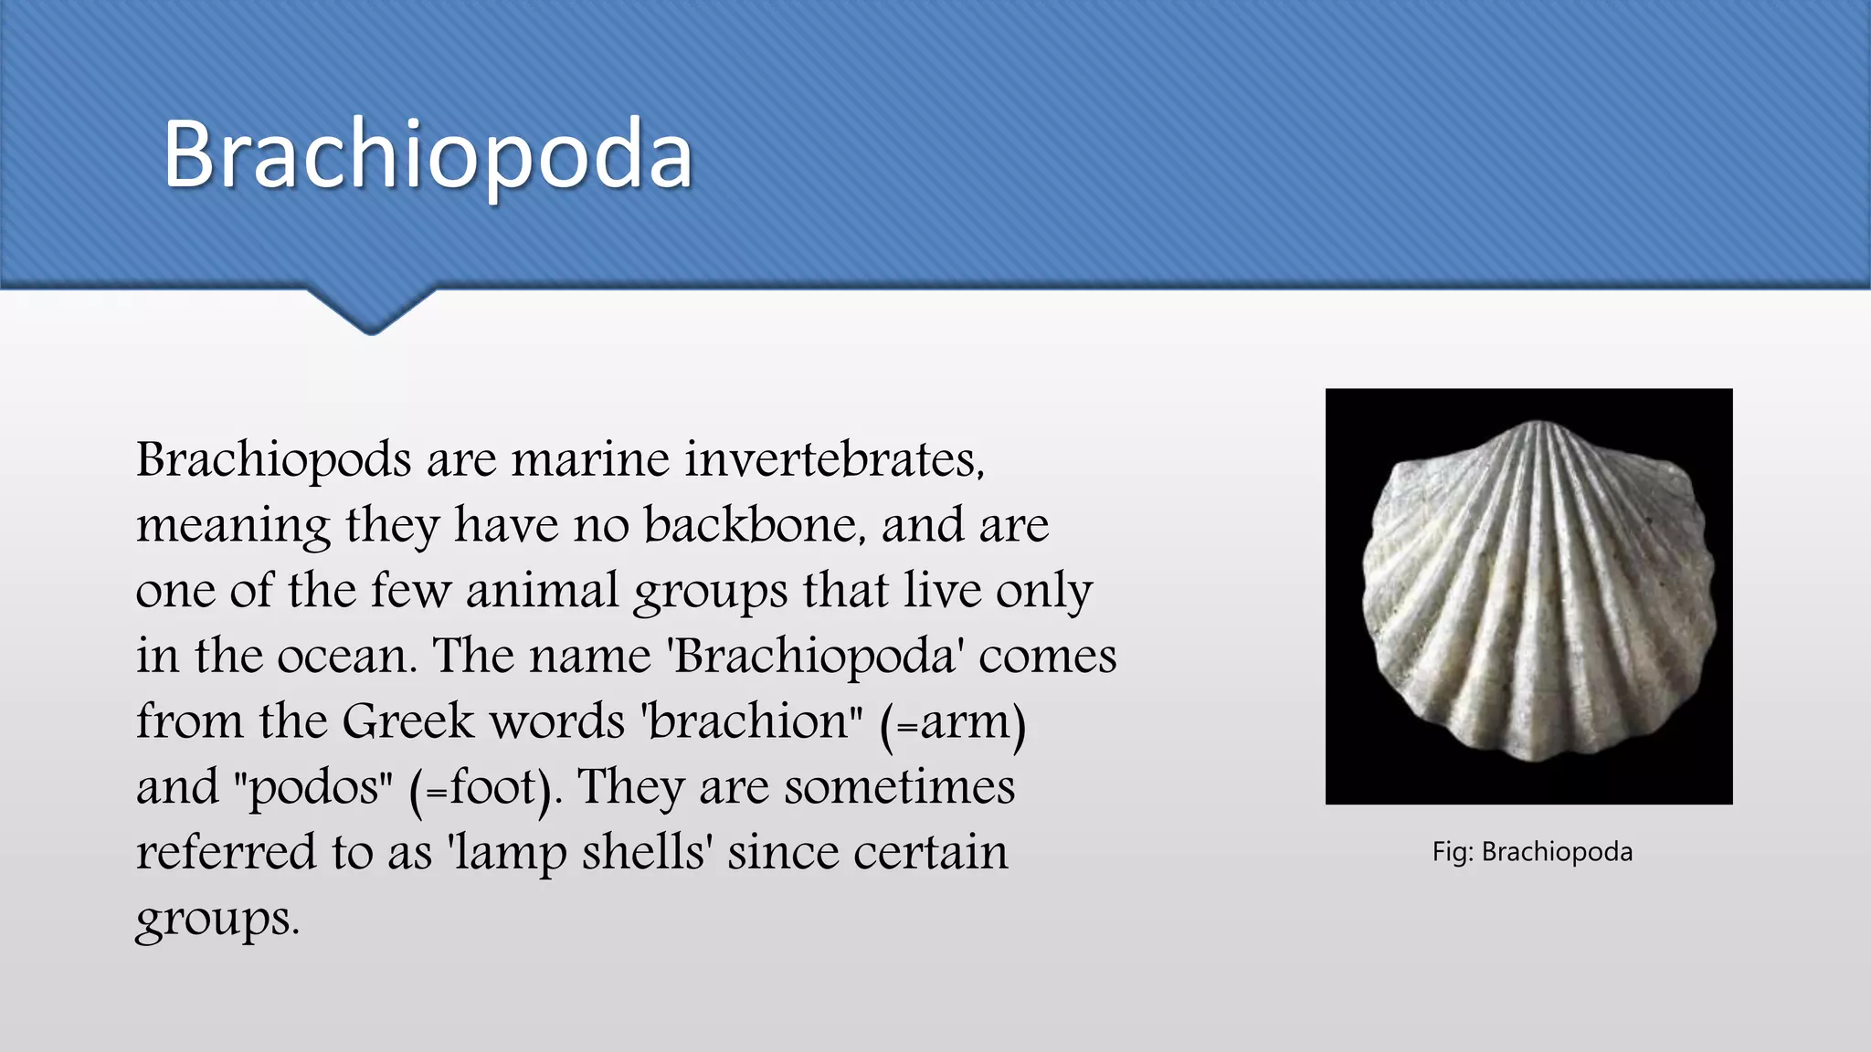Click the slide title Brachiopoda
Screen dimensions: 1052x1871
[x=428, y=155]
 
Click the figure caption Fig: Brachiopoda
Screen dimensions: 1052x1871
[x=1532, y=852]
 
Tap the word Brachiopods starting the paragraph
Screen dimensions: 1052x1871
[x=273, y=460]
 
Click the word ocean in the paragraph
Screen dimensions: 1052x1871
[x=346, y=656]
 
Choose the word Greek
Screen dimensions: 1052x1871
[x=408, y=721]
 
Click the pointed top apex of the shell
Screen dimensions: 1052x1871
[x=1538, y=424]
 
